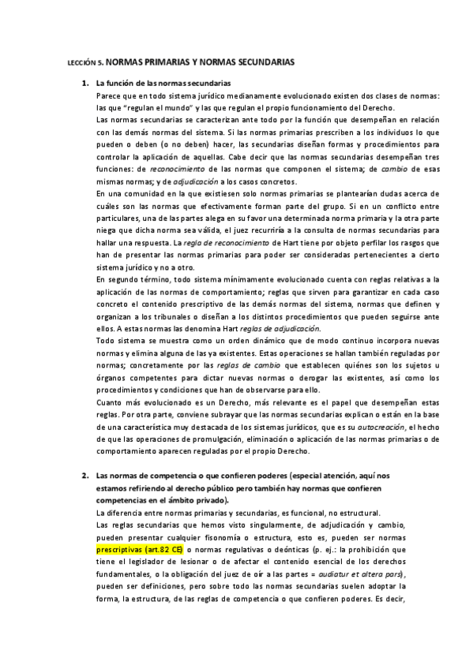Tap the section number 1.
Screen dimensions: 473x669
[84, 82]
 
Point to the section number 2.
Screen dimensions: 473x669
[84, 477]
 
